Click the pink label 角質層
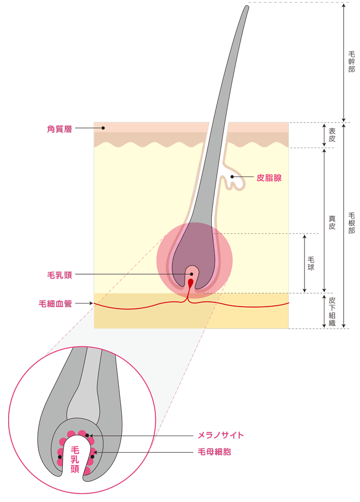59,129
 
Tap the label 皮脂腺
269,178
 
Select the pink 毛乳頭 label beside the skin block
60,275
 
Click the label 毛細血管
55,303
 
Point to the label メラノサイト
221,435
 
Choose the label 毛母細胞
214,452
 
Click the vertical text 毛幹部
351,61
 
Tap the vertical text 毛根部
351,223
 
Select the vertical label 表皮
332,135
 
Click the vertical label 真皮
332,223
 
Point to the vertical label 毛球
311,263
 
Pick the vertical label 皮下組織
332,311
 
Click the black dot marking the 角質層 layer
103,128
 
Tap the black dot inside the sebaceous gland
232,176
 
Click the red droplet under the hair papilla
191,283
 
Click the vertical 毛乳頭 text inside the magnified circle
75,460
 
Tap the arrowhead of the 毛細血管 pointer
91,303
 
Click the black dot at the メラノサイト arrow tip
87,436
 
